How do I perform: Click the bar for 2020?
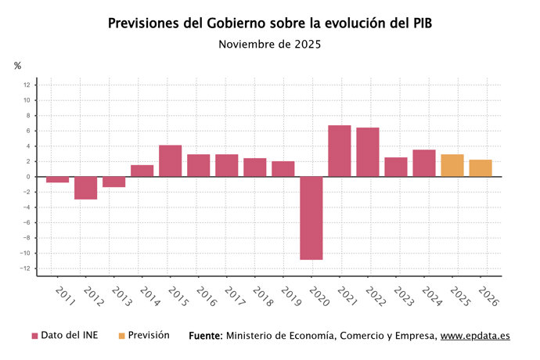pyautogui.click(x=311, y=218)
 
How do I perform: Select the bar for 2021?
pyautogui.click(x=340, y=151)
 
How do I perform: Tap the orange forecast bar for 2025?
pyautogui.click(x=452, y=165)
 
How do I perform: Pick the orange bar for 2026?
pyautogui.click(x=481, y=168)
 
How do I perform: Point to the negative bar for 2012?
pyautogui.click(x=86, y=188)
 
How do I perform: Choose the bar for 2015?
pyautogui.click(x=171, y=161)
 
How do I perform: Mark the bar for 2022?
pyautogui.click(x=368, y=152)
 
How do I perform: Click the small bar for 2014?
pyautogui.click(x=142, y=171)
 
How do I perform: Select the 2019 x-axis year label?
pyautogui.click(x=290, y=296)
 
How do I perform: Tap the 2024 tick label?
pyautogui.click(x=430, y=296)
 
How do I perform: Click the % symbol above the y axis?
pyautogui.click(x=18, y=66)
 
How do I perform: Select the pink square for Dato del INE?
pyautogui.click(x=34, y=336)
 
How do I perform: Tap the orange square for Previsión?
pyautogui.click(x=121, y=336)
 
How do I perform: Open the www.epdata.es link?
pyautogui.click(x=475, y=336)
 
